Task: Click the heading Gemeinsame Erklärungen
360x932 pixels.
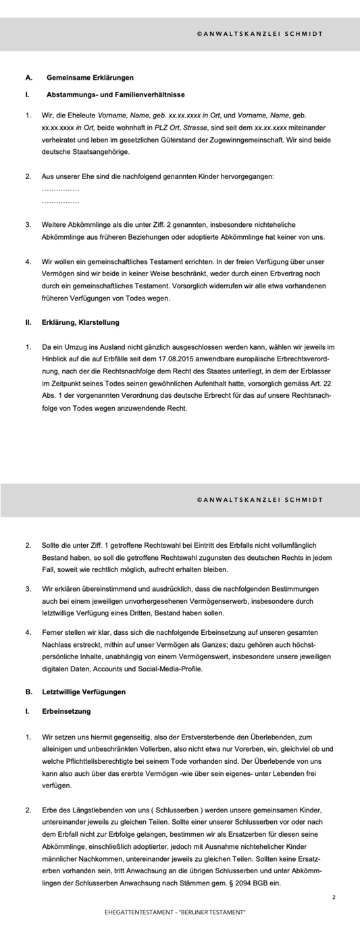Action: click(x=90, y=78)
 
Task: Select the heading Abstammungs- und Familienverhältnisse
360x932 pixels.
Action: click(x=115, y=95)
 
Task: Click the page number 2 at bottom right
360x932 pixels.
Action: click(x=334, y=897)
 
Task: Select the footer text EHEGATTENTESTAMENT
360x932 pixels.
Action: click(x=138, y=912)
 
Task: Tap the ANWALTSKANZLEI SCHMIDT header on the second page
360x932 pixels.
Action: click(x=259, y=500)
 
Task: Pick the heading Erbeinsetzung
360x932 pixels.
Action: click(x=66, y=711)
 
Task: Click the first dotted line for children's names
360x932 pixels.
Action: click(x=60, y=189)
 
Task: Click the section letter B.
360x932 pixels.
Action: click(x=29, y=692)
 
